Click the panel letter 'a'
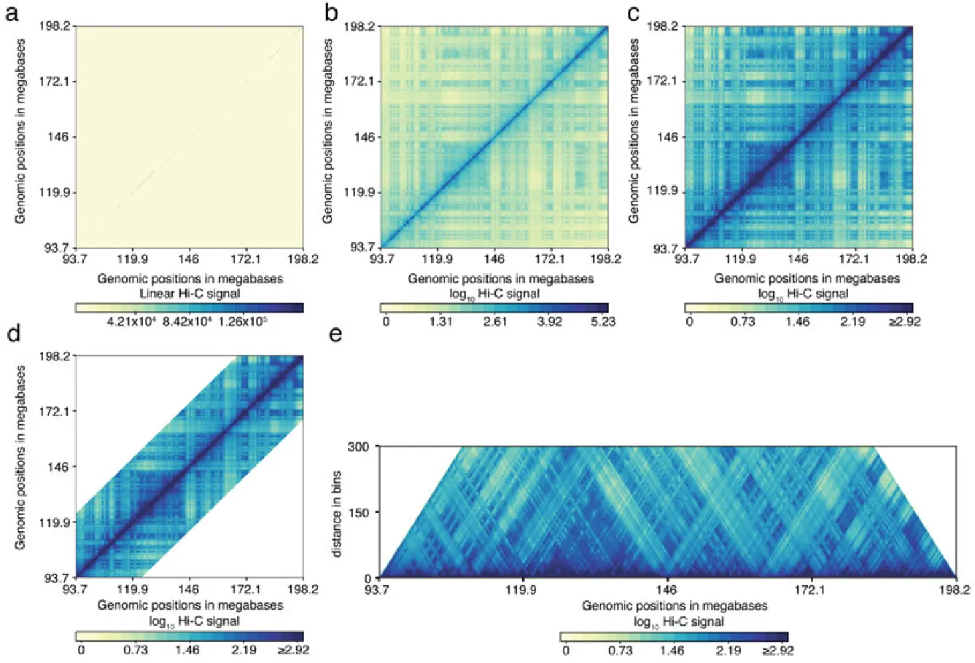pos(12,15)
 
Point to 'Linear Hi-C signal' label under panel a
pos(190,293)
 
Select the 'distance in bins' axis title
pos(337,511)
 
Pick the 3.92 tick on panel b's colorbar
pos(548,321)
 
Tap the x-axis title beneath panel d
pos(190,605)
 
